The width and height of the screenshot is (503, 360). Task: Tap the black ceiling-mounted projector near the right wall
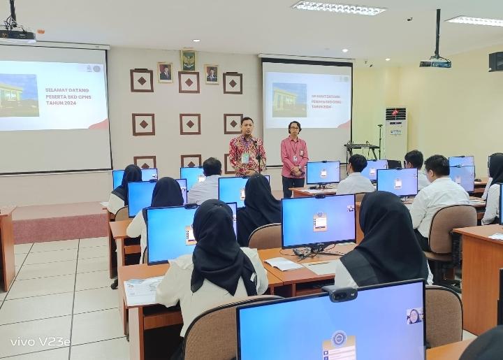435,63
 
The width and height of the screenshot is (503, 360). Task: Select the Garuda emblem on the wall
189,60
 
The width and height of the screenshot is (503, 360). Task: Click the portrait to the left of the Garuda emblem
165,72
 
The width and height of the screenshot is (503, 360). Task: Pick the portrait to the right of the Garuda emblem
211,74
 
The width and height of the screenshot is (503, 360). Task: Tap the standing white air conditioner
395,133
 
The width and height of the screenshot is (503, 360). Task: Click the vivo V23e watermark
40,342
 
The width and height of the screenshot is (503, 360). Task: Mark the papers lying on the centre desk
284,264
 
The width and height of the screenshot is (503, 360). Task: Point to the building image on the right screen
289,100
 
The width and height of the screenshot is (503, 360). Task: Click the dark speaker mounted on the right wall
495,62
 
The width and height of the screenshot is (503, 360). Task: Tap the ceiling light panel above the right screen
338,8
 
